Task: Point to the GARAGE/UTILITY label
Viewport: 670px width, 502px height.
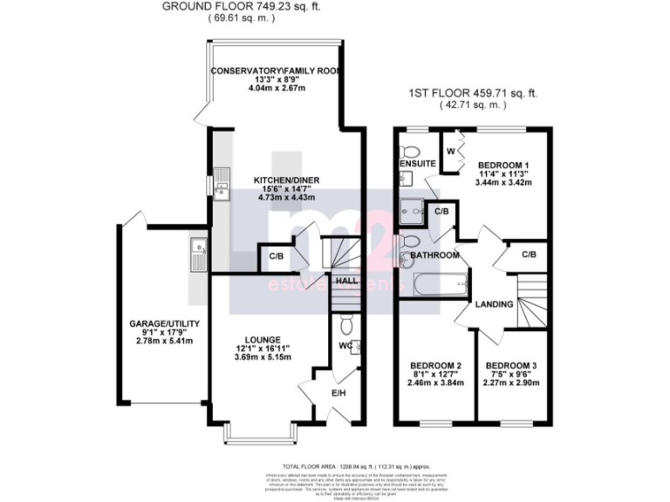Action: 165,324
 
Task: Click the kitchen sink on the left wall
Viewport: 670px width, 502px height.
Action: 223,182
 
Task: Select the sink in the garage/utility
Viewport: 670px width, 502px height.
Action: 197,249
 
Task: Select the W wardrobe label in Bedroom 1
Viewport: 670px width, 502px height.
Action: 450,151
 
